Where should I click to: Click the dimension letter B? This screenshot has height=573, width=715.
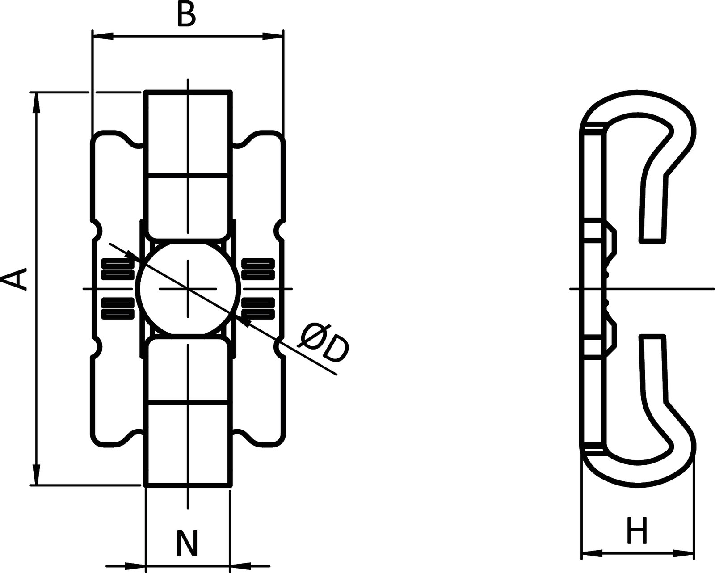click(x=186, y=15)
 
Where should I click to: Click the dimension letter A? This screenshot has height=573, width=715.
click(x=14, y=279)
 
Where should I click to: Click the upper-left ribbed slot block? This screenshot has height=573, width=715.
click(x=118, y=269)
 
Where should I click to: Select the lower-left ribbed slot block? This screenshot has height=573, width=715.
click(x=118, y=308)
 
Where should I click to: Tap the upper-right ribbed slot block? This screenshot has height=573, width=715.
click(x=258, y=269)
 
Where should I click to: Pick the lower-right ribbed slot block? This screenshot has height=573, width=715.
click(x=258, y=308)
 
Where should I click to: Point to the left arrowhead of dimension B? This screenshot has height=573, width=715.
click(x=103, y=36)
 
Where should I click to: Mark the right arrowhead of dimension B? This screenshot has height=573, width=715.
click(x=272, y=36)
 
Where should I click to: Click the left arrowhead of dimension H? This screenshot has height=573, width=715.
click(x=592, y=553)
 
